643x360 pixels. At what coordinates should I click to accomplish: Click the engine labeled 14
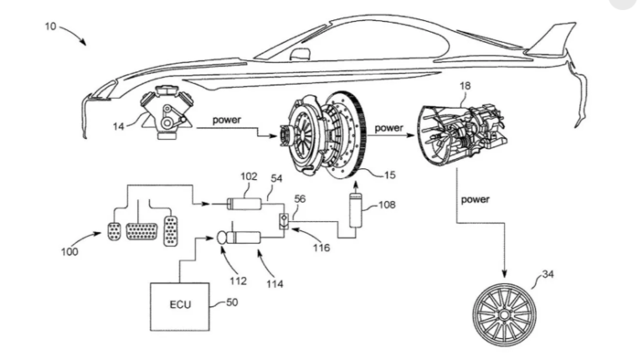(168, 111)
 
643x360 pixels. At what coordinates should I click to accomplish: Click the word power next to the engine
(225, 121)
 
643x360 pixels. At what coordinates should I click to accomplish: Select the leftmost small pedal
(115, 231)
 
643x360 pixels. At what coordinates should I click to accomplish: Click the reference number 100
(69, 250)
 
